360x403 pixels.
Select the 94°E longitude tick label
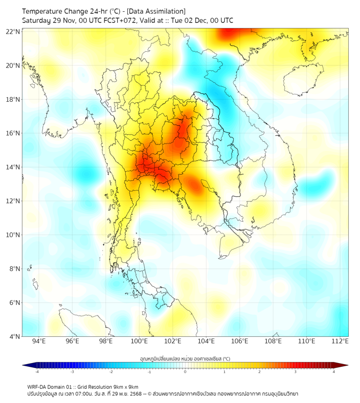pyautogui.click(x=39, y=341)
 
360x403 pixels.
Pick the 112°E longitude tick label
pyautogui.click(x=340, y=341)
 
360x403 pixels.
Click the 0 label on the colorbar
pyautogui.click(x=185, y=372)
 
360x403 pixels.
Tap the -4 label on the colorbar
pyautogui.click(x=36, y=372)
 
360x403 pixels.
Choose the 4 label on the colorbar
pyautogui.click(x=334, y=372)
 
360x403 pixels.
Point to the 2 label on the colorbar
pyautogui.click(x=259, y=372)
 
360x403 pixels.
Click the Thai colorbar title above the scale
pyautogui.click(x=185, y=359)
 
